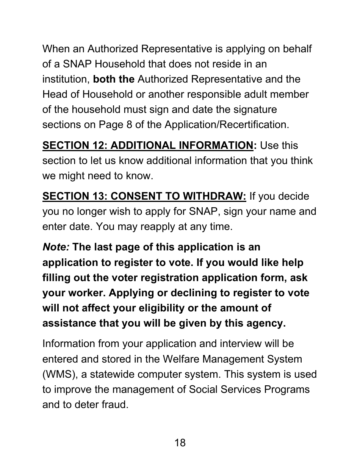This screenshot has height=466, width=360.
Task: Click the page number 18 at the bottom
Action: pos(180,443)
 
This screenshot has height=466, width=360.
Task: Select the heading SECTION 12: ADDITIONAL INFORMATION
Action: pos(148,145)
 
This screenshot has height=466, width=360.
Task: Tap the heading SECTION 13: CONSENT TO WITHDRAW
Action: pos(144,196)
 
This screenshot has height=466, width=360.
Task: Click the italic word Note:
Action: pos(56,247)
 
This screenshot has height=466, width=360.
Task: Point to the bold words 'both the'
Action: pos(114,79)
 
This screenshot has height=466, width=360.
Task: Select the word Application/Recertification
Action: pos(227,125)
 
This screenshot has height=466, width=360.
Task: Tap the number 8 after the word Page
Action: pos(129,125)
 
